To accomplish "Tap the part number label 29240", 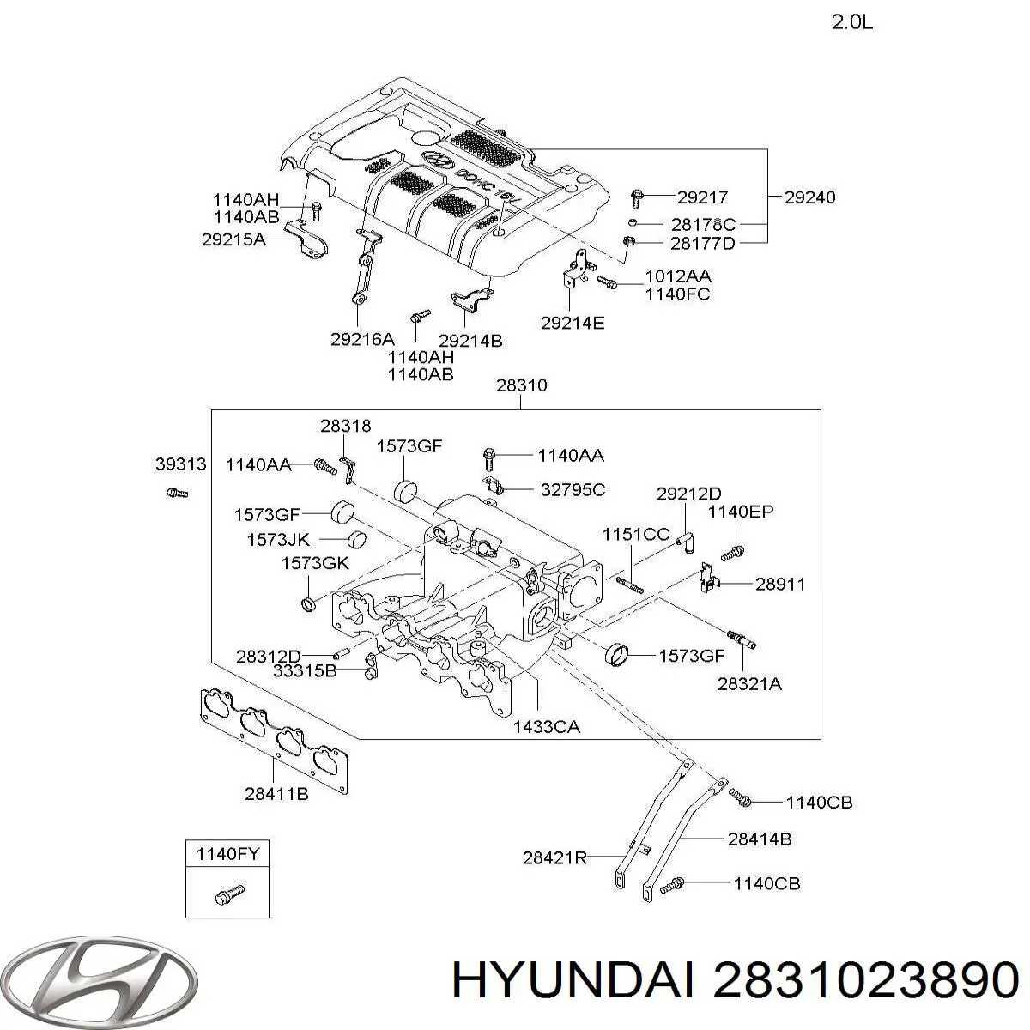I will [x=809, y=197].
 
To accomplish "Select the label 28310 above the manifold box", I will [x=521, y=386].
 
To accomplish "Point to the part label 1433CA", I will [x=546, y=727].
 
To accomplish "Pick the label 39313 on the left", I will [x=181, y=464].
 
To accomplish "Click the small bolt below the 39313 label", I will [x=177, y=493].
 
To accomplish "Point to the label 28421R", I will [x=554, y=857].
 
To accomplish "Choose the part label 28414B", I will [x=760, y=839].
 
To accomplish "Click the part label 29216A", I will [x=362, y=340].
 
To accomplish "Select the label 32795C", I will [x=573, y=490].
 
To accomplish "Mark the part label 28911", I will [x=780, y=584].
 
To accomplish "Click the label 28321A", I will [x=750, y=684].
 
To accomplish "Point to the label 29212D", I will [x=689, y=494].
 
